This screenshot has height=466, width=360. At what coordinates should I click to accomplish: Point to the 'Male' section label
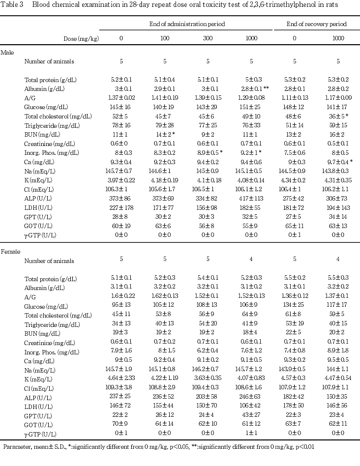point(7,52)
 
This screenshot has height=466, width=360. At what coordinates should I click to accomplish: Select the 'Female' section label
point(10,252)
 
